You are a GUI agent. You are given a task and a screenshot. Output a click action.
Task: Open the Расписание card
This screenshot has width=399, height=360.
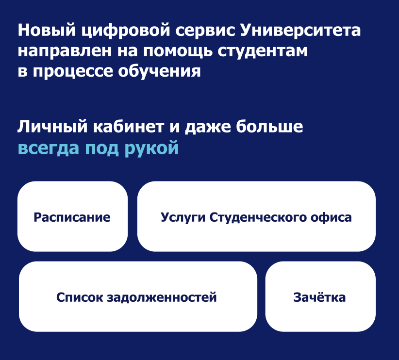click(72, 217)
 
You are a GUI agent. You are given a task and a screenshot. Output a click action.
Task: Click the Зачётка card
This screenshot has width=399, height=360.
click(320, 297)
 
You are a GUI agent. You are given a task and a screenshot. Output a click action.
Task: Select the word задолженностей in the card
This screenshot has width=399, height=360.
click(162, 297)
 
